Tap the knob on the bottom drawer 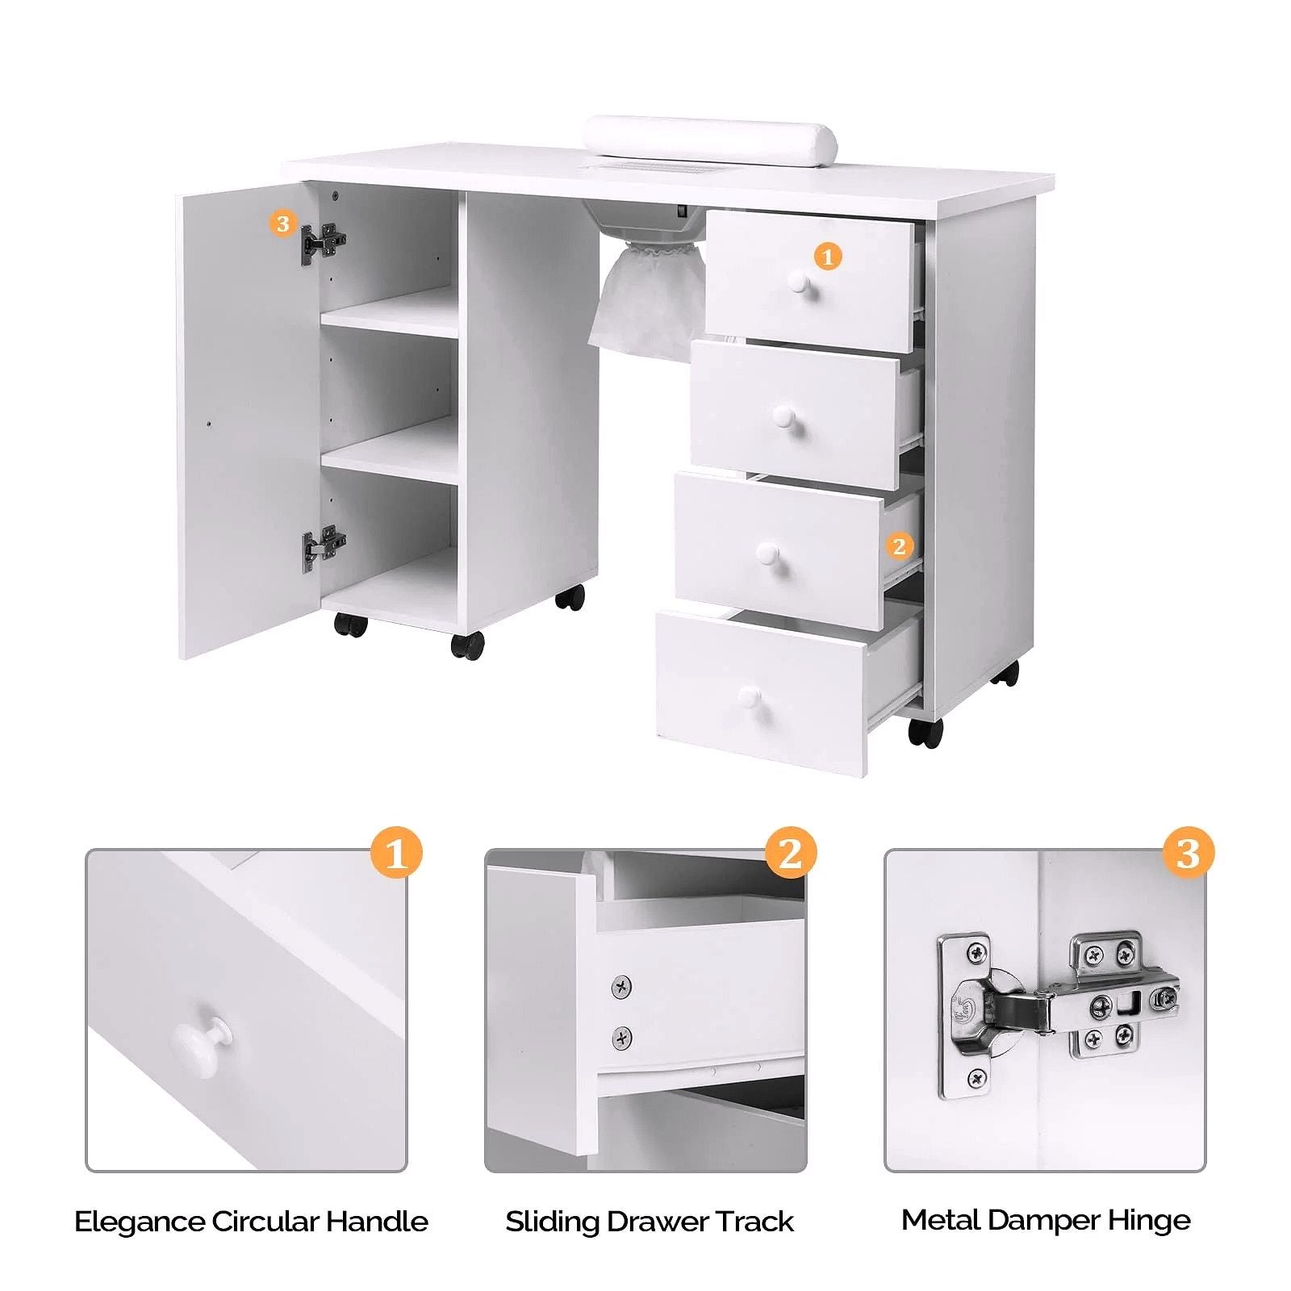(x=750, y=696)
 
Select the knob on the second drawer (x=783, y=417)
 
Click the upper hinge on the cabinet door (x=324, y=241)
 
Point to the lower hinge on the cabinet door (x=324, y=546)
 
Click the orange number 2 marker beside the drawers (x=900, y=546)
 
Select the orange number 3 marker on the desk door (x=282, y=224)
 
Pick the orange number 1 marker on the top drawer (x=827, y=257)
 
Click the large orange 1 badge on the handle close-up (x=396, y=853)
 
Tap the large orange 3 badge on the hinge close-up (x=1189, y=853)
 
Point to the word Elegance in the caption (x=139, y=1221)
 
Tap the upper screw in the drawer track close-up (x=620, y=986)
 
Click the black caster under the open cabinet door (x=351, y=624)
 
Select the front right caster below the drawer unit (x=925, y=731)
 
